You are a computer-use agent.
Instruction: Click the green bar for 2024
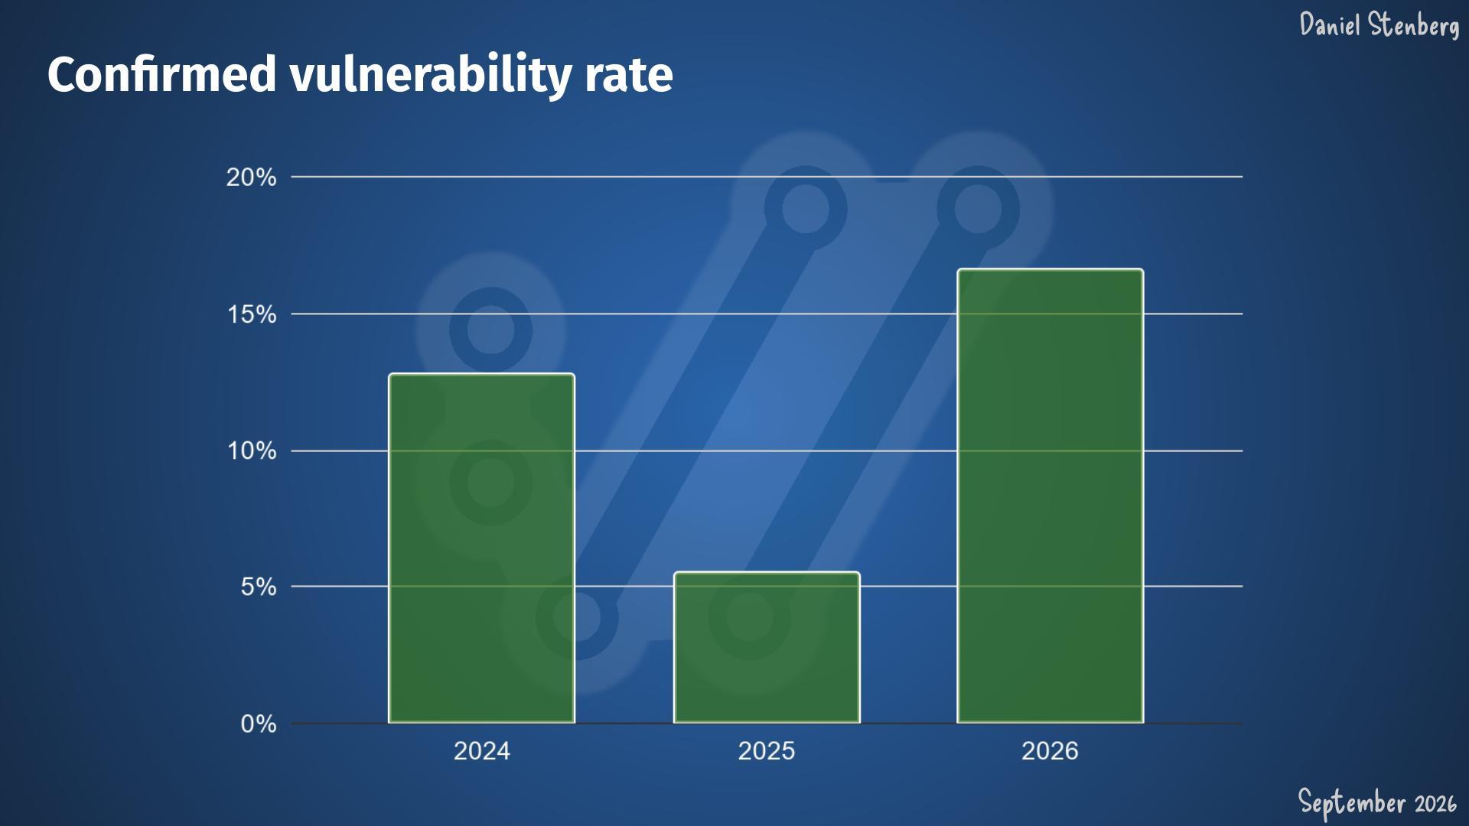click(x=481, y=548)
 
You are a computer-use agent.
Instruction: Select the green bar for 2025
click(x=767, y=647)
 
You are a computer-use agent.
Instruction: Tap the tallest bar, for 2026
click(x=1050, y=496)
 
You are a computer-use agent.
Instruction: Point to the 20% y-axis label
click(x=251, y=177)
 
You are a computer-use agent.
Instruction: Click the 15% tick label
click(x=252, y=314)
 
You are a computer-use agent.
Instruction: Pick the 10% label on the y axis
click(x=252, y=450)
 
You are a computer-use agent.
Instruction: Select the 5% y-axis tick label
click(x=259, y=587)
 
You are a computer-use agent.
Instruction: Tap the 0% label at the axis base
click(x=259, y=724)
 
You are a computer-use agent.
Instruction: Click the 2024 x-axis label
click(x=481, y=751)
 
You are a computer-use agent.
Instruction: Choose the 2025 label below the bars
click(x=767, y=751)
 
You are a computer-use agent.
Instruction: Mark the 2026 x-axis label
click(x=1050, y=751)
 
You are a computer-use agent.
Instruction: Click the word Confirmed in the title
click(x=162, y=75)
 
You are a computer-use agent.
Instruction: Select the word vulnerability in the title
click(x=431, y=76)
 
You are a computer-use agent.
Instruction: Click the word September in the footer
click(x=1353, y=803)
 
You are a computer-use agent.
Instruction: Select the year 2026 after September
click(x=1435, y=804)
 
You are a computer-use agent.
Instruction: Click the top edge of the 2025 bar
click(x=767, y=572)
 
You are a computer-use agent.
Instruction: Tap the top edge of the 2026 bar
click(x=1050, y=269)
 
